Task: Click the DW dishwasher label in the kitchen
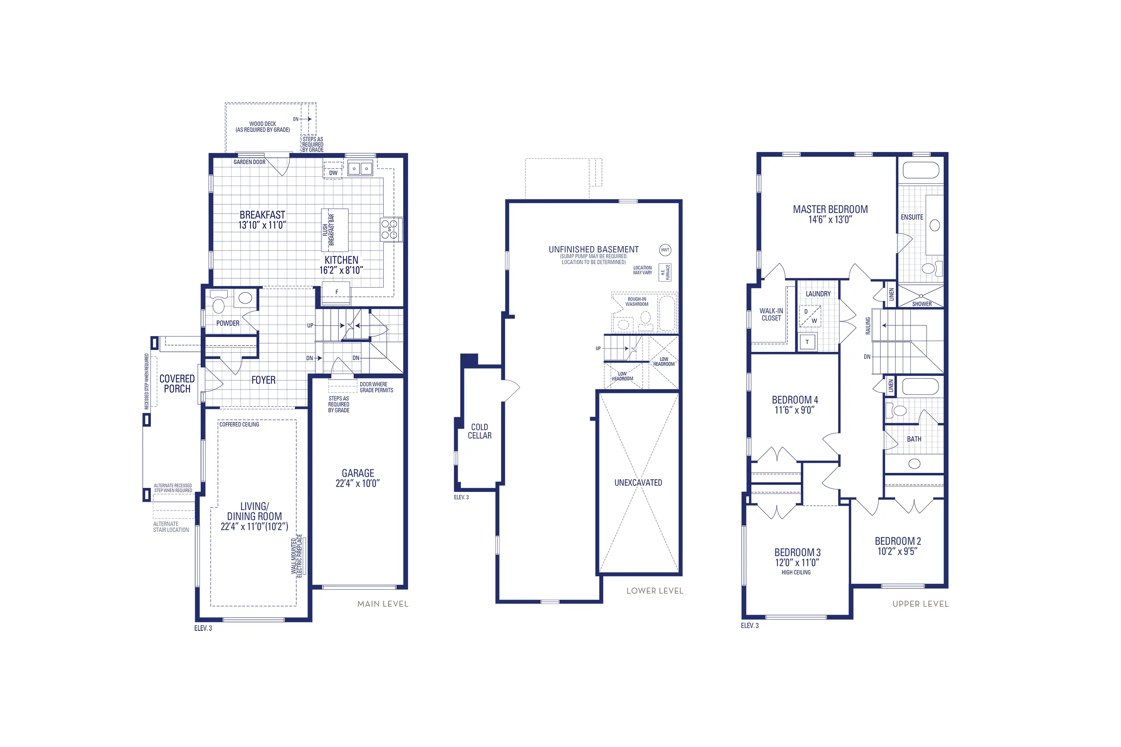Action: pos(333,173)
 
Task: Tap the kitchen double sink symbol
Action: pos(360,169)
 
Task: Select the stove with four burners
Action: pos(389,229)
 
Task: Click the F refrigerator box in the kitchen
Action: pos(337,292)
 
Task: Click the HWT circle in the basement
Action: pos(665,249)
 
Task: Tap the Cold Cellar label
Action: pos(479,431)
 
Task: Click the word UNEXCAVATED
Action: pos(638,483)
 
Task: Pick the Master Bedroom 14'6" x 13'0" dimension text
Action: pos(830,220)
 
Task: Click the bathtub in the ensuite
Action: pos(920,170)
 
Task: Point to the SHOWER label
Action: pos(921,304)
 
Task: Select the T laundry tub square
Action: pos(807,342)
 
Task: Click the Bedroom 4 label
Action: pos(794,400)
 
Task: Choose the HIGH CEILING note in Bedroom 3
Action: pos(796,572)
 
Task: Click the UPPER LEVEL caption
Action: pos(920,604)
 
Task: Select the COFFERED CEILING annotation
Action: pos(239,424)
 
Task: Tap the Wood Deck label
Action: pos(263,126)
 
